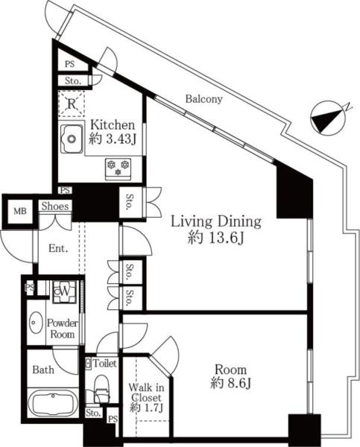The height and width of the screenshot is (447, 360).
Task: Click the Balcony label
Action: coord(203,99)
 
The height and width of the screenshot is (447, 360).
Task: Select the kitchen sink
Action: coord(72,139)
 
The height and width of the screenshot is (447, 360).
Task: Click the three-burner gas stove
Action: coord(118,169)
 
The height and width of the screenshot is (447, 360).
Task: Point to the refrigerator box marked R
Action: coord(72,104)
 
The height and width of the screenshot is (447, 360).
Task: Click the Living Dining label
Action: coord(215,221)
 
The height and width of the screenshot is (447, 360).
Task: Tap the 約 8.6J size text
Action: coord(230,383)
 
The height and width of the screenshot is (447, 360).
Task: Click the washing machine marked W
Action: coord(64,291)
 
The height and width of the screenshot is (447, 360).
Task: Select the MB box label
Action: coord(20,212)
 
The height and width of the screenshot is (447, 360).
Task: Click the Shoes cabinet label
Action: coord(55,206)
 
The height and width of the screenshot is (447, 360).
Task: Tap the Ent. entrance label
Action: coord(58,249)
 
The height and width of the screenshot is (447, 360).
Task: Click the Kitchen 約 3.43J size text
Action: coord(112,139)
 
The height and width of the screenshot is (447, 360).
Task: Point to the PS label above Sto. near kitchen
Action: coord(69,64)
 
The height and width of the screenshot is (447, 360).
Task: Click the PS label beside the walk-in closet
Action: coord(113,419)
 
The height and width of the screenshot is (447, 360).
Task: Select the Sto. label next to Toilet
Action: coord(93,413)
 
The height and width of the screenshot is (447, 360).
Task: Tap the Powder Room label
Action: coord(62,329)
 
